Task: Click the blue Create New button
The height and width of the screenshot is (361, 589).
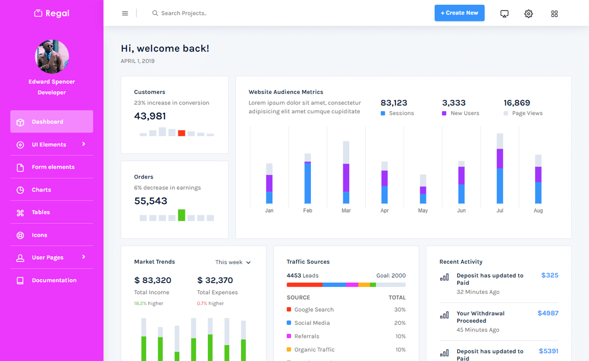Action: [459, 13]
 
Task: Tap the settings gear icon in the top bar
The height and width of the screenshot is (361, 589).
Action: [528, 13]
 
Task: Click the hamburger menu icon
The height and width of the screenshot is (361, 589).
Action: [125, 13]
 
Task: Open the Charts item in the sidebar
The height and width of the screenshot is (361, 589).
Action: [41, 190]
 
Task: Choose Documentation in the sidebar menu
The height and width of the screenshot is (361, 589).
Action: [54, 280]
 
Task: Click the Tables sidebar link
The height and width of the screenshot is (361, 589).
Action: [40, 212]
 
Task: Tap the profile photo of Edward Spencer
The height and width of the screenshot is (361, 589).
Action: [52, 57]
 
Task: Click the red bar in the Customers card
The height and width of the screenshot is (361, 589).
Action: [182, 133]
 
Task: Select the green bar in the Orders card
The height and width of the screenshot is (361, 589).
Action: [182, 215]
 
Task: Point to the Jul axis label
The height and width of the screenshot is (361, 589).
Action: [500, 211]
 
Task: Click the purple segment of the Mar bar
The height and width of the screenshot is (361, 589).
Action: [346, 178]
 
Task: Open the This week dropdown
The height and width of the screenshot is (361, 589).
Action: [233, 262]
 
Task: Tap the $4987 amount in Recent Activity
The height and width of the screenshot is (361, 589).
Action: [548, 313]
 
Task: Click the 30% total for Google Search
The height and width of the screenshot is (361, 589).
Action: [400, 310]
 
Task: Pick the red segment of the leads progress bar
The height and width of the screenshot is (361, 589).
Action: [304, 285]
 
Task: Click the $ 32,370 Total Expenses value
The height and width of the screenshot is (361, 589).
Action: [215, 280]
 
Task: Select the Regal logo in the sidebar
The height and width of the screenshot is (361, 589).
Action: [52, 13]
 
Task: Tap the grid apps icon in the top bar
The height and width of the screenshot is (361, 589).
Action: [554, 14]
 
